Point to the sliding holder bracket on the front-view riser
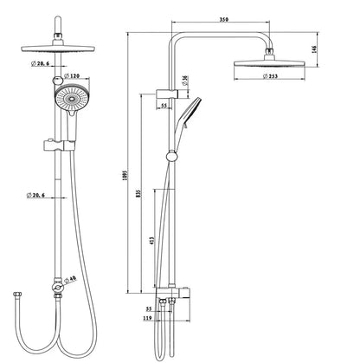pyautogui.click(x=60, y=140)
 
